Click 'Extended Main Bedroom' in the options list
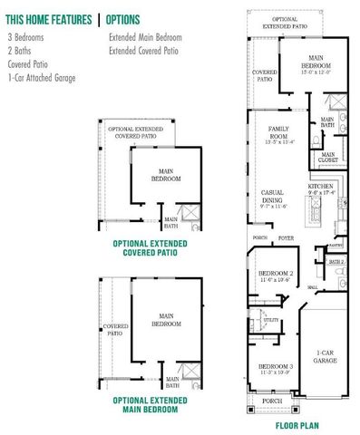pyautogui.click(x=145, y=38)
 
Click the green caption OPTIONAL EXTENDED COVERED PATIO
pyautogui.click(x=150, y=247)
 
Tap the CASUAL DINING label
pyautogui.click(x=273, y=197)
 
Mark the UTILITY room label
pyautogui.click(x=270, y=320)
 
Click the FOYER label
pyautogui.click(x=287, y=238)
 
